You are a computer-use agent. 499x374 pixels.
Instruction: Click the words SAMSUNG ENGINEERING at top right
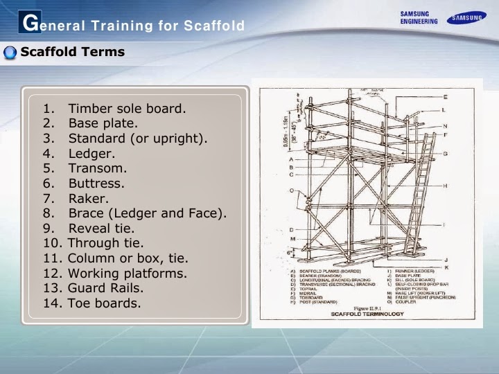coord(419,17)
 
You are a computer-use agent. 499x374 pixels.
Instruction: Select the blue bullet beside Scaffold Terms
coord(10,53)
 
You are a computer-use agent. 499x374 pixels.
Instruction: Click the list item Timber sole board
coord(127,109)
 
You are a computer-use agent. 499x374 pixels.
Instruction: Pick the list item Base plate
coord(103,123)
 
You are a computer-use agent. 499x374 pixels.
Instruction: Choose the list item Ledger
coord(91,153)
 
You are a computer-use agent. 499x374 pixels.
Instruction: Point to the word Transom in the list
coord(98,168)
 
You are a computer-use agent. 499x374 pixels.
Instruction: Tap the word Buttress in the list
coord(96,184)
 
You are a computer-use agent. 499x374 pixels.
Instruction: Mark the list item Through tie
coord(105,243)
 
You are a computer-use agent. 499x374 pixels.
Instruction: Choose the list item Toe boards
coord(104,303)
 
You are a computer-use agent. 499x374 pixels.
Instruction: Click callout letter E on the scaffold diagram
coord(445,96)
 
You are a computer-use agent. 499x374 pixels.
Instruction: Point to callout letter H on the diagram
coord(445,186)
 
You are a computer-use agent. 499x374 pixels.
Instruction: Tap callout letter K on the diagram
coord(445,267)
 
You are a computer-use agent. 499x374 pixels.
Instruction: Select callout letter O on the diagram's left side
coord(291,190)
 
